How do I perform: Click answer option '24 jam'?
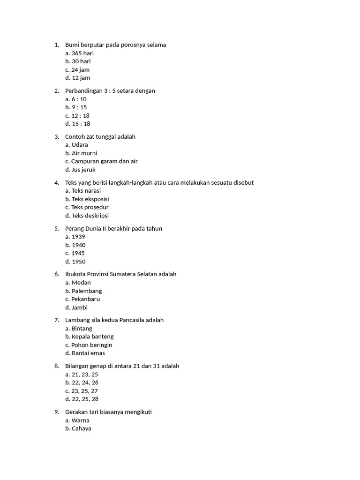(x=80, y=70)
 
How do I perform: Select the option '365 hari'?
(x=82, y=53)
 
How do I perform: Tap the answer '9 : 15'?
(x=79, y=107)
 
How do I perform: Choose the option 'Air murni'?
(x=84, y=153)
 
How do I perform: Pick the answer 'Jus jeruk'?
(x=83, y=170)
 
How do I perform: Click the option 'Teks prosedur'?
(x=90, y=207)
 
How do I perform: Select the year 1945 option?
(x=78, y=253)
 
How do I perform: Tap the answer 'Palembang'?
(x=87, y=291)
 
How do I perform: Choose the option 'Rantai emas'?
(x=88, y=353)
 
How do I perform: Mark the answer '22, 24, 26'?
(x=85, y=382)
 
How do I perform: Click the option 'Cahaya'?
(x=82, y=428)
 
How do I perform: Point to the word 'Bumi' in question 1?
(x=72, y=45)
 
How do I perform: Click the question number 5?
(x=56, y=229)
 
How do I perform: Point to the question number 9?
(x=56, y=412)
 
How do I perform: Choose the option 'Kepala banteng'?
(x=92, y=337)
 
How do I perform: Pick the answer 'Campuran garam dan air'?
(x=104, y=161)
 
